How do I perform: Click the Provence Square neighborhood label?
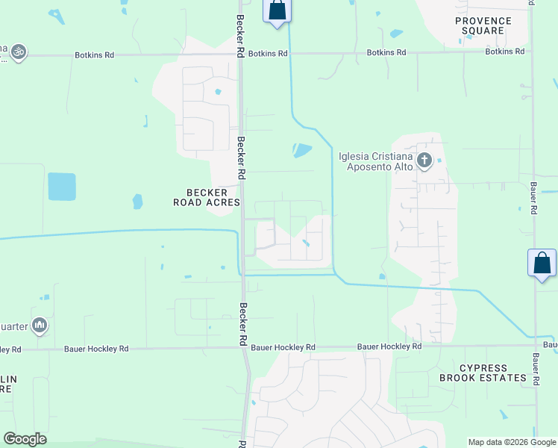pos(483,25)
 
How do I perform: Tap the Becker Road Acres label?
pos(207,197)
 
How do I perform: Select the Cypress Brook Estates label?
pos(483,373)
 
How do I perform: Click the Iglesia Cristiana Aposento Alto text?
pos(375,161)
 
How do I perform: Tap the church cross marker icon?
pos(424,160)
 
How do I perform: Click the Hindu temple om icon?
pos(18,52)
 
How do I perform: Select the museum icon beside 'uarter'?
pos(40,325)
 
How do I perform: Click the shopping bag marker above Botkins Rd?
pos(277,11)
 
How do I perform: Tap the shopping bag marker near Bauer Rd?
pos(542,264)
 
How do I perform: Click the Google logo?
pos(25,439)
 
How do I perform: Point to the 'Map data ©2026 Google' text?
pos(512,442)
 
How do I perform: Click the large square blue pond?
pos(62,187)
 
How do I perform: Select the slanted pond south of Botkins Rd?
pos(302,151)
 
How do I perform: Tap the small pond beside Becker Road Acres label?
pos(137,201)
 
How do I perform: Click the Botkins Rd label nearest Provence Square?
pos(504,52)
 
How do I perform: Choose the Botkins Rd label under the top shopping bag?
pos(268,54)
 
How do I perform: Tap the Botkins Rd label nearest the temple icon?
pos(94,55)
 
